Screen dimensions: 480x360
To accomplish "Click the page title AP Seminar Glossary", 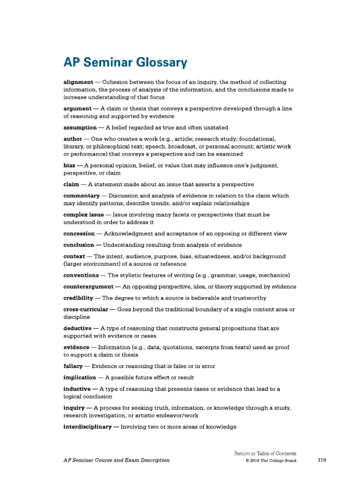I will pyautogui.click(x=125, y=62).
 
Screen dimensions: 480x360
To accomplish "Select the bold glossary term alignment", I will pyautogui.click(x=78, y=82).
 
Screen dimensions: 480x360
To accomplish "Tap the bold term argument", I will pyautogui.click(x=78, y=109).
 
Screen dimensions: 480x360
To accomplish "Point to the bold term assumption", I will pyautogui.click(x=80, y=127).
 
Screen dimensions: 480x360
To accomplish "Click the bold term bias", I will pyautogui.click(x=69, y=165).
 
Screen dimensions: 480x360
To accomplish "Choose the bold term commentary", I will pyautogui.click(x=82, y=195).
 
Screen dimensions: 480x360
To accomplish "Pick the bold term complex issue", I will pyautogui.click(x=83, y=215).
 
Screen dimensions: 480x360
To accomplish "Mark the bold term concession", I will pyautogui.click(x=79, y=233).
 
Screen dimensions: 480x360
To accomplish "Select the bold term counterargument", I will pyautogui.click(x=88, y=286).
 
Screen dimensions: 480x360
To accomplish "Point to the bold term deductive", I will pyautogui.click(x=77, y=328).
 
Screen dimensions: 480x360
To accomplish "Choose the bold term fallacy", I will pyautogui.click(x=73, y=366).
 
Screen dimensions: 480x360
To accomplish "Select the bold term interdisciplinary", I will pyautogui.click(x=88, y=427).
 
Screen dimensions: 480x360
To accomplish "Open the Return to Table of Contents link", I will pyautogui.click(x=265, y=453).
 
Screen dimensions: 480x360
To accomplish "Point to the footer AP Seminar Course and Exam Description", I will pyautogui.click(x=116, y=460).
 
